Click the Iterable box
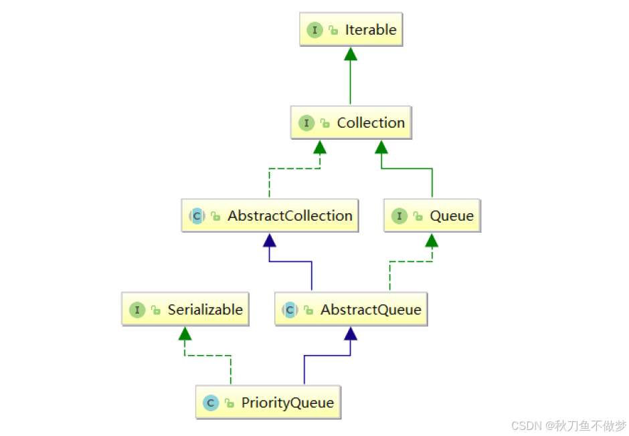point(351,30)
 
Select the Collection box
point(351,123)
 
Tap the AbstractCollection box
point(269,216)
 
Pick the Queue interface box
point(432,216)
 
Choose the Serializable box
point(185,310)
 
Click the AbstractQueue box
point(351,310)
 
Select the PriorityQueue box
point(268,403)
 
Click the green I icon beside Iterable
point(314,30)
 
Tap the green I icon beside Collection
point(306,123)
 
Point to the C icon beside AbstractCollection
point(197,216)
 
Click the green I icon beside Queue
point(399,216)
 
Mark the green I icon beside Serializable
point(137,310)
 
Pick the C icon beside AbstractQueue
point(290,310)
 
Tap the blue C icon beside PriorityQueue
point(211,403)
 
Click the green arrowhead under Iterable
point(351,53)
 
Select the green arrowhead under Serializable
point(185,333)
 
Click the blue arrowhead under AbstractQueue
point(351,333)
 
